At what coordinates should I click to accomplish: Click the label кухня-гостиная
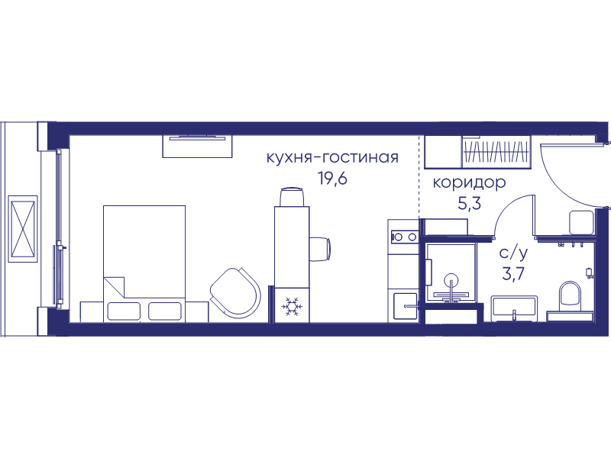point(332,158)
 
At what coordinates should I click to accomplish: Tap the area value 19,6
point(332,179)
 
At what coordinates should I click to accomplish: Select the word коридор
point(469,182)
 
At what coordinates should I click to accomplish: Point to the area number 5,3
point(469,203)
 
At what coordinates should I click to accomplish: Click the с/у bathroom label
point(514,253)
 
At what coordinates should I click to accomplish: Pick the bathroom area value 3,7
point(513,274)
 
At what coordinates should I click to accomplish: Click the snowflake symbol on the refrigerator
point(292,306)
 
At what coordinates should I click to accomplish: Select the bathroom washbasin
point(514,308)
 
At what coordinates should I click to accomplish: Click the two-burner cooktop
point(403,237)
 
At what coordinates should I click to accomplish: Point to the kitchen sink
point(406,306)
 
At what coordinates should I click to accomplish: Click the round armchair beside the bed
point(235,292)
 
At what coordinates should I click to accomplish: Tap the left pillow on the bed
point(124,311)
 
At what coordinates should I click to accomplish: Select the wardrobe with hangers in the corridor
point(496,152)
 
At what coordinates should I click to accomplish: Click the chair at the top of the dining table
point(292,197)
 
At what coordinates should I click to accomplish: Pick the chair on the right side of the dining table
point(320,250)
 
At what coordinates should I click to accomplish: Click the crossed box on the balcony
point(23,228)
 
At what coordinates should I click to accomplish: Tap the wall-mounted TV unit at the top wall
point(197,146)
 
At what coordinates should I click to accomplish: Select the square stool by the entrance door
point(581,222)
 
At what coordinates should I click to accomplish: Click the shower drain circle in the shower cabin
point(451,280)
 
